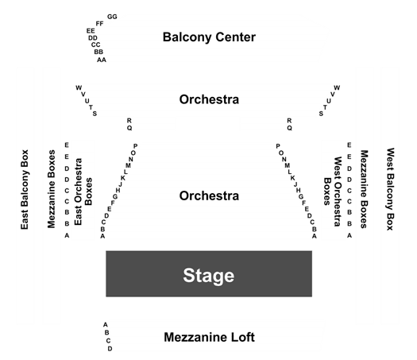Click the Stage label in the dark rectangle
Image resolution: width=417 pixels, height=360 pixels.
(x=209, y=276)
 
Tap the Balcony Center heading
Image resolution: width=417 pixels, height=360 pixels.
(x=209, y=37)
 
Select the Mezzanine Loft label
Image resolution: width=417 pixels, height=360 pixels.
(x=210, y=338)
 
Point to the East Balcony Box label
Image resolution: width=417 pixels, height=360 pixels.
(x=25, y=189)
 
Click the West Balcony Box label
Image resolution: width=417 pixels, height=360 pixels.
(x=390, y=189)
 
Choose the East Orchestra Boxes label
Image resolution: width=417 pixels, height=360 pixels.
(x=83, y=192)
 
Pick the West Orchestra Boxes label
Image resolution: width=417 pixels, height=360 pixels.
(x=332, y=192)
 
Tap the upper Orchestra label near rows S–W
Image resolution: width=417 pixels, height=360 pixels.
(x=209, y=99)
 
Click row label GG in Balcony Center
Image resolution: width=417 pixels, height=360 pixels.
(x=112, y=17)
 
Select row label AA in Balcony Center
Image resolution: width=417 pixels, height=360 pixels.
(x=102, y=60)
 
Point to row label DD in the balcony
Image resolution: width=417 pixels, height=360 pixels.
(x=93, y=38)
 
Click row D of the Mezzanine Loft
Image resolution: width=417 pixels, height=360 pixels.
(x=110, y=349)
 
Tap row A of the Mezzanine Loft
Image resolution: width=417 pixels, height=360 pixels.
(x=106, y=325)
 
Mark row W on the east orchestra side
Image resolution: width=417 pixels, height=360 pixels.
(x=79, y=87)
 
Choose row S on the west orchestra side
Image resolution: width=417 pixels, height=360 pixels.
(x=321, y=114)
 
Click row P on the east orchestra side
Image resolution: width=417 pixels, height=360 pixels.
(x=135, y=146)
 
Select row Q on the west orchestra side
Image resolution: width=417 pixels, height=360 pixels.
(x=289, y=128)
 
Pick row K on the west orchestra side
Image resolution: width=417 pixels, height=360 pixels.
(x=293, y=178)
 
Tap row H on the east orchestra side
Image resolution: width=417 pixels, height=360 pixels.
(x=118, y=190)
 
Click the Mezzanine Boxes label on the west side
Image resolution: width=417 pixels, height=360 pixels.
(x=364, y=189)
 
